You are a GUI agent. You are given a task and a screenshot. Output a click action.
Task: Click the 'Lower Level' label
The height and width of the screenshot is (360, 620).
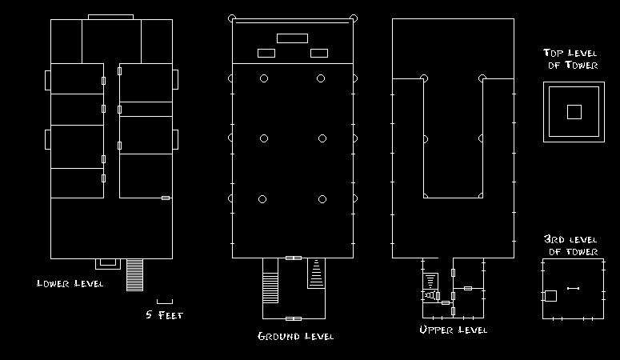tap(70, 284)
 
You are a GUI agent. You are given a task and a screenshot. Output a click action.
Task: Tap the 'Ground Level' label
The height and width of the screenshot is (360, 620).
tap(295, 336)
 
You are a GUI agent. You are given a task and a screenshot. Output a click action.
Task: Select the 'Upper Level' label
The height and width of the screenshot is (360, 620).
tap(453, 330)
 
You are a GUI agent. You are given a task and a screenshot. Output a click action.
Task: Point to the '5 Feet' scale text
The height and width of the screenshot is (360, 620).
tap(164, 314)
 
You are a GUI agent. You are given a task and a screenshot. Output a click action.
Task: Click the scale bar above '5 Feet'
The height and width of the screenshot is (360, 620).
tap(164, 301)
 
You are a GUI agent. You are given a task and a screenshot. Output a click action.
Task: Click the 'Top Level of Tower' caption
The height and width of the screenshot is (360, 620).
tap(572, 59)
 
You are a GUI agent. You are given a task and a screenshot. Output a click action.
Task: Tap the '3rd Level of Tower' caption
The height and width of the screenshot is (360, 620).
tap(571, 246)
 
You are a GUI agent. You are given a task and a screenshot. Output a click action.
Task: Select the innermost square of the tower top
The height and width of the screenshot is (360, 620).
tap(574, 112)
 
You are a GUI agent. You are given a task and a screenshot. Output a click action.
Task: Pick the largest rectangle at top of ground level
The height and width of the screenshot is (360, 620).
tap(292, 38)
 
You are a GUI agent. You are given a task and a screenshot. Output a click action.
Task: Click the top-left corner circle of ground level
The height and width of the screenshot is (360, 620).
tap(232, 18)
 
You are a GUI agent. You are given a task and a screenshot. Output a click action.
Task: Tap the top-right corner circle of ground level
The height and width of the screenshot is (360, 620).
tap(353, 18)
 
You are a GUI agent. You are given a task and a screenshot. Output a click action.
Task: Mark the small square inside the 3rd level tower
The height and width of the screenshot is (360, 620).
tap(550, 296)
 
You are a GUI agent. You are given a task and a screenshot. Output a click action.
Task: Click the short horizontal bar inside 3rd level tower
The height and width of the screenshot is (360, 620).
tap(573, 288)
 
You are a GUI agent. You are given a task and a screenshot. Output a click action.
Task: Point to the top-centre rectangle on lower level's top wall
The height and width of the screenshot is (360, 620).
tap(110, 17)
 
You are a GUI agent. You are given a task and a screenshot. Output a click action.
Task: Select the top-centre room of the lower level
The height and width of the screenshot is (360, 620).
tap(111, 40)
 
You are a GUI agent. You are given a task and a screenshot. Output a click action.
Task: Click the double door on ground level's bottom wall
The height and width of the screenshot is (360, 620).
tap(294, 258)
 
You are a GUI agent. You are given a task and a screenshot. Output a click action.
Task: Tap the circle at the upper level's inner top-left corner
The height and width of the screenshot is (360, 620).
tap(424, 78)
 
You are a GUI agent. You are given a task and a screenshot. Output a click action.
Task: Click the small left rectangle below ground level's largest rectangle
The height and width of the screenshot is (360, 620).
tap(266, 54)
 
